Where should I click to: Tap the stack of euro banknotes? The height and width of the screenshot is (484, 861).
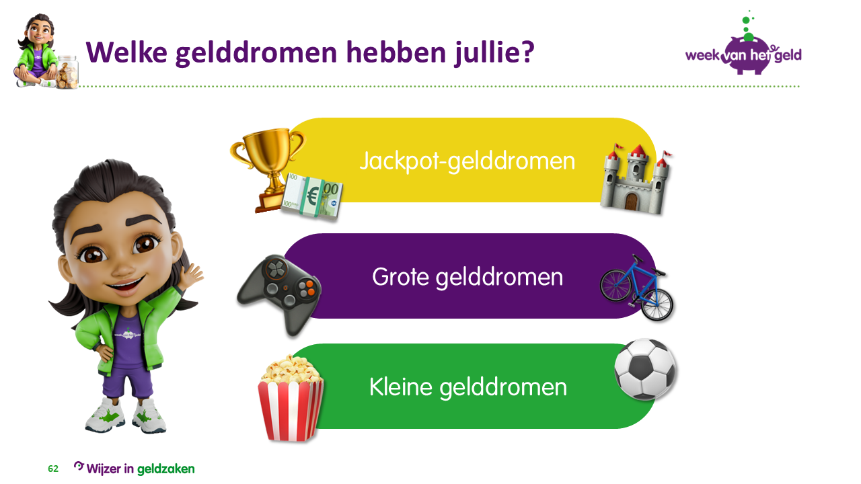pyautogui.click(x=312, y=197)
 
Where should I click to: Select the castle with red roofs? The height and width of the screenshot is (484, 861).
pyautogui.click(x=636, y=179)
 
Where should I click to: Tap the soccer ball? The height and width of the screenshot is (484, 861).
pyautogui.click(x=645, y=369)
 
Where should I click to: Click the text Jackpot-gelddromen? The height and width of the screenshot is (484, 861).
pyautogui.click(x=467, y=161)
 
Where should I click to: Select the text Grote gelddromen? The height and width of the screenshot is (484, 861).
pyautogui.click(x=467, y=277)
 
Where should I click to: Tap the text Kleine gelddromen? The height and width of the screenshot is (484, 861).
pyautogui.click(x=468, y=387)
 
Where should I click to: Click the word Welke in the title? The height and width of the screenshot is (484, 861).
pyautogui.click(x=126, y=52)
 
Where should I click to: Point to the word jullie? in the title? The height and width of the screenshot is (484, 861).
pyautogui.click(x=494, y=53)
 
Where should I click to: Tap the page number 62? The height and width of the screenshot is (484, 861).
pyautogui.click(x=53, y=469)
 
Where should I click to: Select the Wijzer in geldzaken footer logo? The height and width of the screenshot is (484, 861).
pyautogui.click(x=134, y=469)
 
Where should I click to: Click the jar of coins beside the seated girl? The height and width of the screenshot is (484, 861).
pyautogui.click(x=67, y=72)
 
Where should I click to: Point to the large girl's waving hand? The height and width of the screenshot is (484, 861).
pyautogui.click(x=192, y=276)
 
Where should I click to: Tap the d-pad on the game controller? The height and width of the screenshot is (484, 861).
pyautogui.click(x=276, y=268)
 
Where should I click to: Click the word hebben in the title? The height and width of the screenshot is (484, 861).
pyautogui.click(x=396, y=52)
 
